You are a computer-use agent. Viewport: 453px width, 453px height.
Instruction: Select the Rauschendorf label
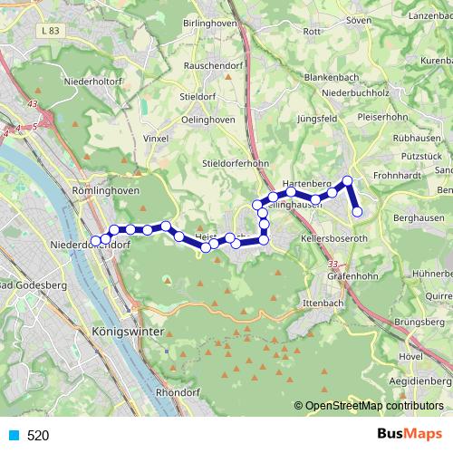(x=211, y=66)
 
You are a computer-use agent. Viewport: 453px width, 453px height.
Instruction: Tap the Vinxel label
(x=157, y=140)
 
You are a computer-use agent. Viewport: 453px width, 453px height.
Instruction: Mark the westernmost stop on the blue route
(x=96, y=241)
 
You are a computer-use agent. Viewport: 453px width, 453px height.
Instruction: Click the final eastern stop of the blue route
(x=357, y=212)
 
